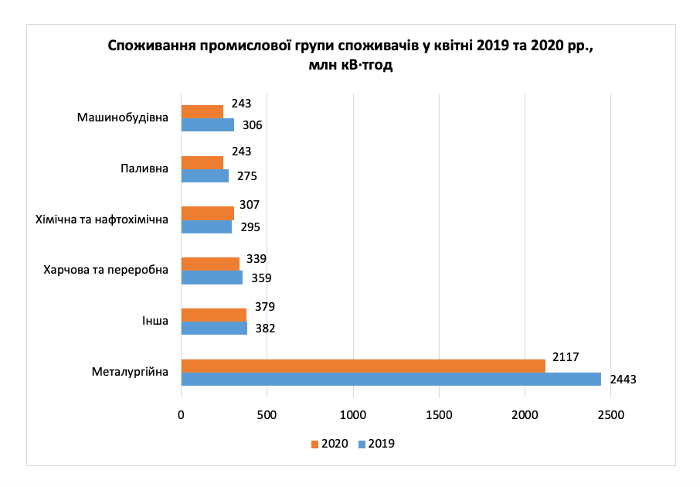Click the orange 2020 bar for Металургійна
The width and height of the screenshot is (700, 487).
[363, 366]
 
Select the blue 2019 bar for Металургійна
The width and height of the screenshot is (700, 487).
[391, 379]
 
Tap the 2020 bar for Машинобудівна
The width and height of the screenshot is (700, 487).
[202, 112]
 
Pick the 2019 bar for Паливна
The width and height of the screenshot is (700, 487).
[205, 175]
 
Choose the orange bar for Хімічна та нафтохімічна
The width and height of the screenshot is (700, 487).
[208, 213]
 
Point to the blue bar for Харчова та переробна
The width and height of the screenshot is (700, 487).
[212, 278]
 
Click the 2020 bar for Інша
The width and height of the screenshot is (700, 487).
[214, 315]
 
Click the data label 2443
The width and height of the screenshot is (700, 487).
[623, 380]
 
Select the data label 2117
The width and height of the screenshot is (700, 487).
[566, 356]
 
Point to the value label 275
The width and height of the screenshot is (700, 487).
[246, 176]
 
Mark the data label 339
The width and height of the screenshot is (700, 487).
[257, 258]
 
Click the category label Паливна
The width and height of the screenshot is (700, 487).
[144, 169]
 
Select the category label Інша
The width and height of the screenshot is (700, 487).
[155, 322]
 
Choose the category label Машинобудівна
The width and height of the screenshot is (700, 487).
[123, 118]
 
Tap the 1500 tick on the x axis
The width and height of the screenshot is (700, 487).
[439, 414]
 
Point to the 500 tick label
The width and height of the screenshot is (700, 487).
[267, 414]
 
